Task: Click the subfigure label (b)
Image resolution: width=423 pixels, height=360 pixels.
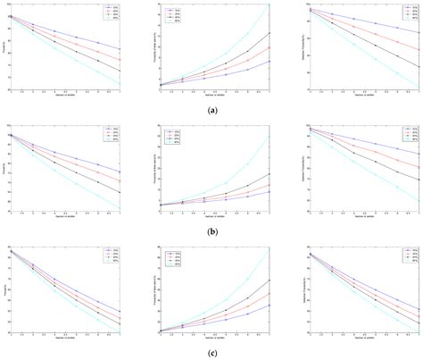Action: click(x=211, y=230)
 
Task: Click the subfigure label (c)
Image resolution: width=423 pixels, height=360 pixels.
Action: click(x=211, y=352)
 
